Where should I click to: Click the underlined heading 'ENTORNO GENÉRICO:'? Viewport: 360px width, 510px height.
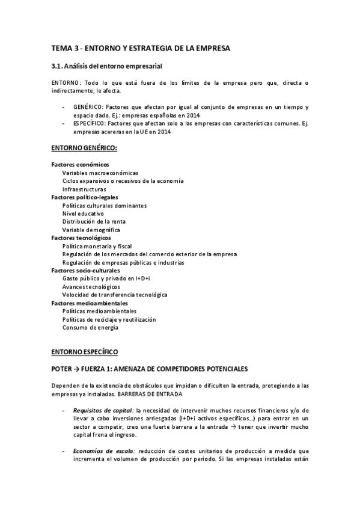point(84,147)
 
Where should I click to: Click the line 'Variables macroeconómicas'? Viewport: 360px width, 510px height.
point(100,173)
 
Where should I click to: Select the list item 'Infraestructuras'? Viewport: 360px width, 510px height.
point(84,189)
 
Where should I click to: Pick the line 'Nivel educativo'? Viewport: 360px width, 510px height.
point(83,214)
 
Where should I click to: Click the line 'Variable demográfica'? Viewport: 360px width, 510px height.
point(91,230)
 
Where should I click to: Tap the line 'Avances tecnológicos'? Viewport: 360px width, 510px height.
point(91,287)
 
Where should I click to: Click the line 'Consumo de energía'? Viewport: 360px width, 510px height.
point(90,328)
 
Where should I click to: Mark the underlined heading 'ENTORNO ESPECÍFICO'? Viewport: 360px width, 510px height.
point(84,351)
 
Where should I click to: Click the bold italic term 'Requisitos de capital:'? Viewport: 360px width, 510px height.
point(103,410)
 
